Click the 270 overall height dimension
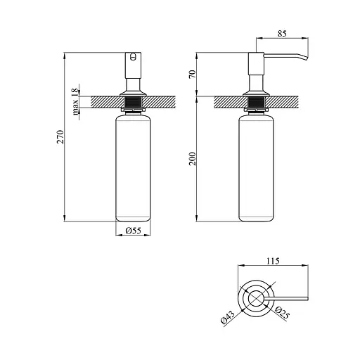click(60, 136)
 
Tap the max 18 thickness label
click(75, 101)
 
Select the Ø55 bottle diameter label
click(134, 231)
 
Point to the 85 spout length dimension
click(282, 34)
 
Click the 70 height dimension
click(192, 75)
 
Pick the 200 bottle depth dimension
click(192, 159)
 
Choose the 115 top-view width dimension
click(273, 261)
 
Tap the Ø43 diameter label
click(228, 317)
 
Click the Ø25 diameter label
click(282, 313)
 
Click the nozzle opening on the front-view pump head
click(133, 56)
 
